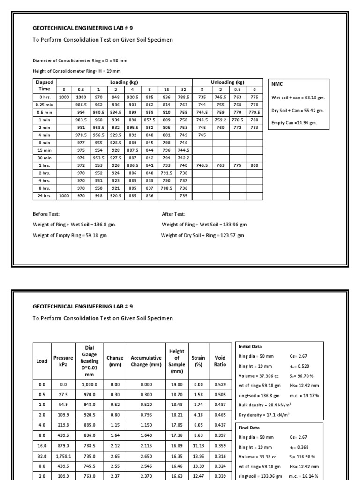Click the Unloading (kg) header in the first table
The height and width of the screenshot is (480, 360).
[x=227, y=82]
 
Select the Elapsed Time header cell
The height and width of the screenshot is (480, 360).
[x=44, y=85]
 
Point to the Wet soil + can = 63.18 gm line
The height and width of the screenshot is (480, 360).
[x=298, y=98]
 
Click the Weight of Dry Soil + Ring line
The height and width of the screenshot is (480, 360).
[x=202, y=235]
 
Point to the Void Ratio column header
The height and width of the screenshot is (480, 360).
[x=220, y=361]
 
